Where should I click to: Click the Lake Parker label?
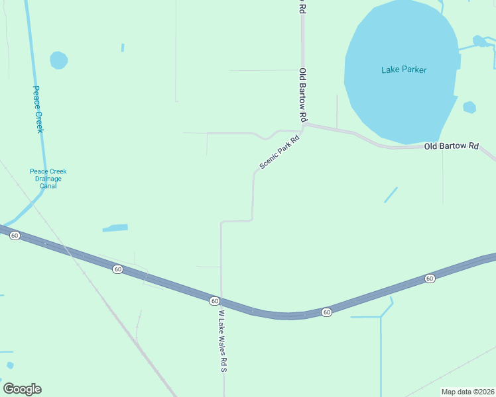[404, 69]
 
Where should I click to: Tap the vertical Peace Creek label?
[38, 109]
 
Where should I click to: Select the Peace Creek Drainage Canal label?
[48, 179]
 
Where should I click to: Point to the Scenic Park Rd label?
[280, 150]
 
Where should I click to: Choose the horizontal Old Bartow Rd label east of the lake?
[452, 146]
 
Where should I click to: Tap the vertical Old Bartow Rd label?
[303, 95]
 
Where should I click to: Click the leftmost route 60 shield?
[15, 236]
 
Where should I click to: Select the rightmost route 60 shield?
[430, 279]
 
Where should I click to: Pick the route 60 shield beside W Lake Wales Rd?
[214, 300]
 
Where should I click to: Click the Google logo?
[22, 389]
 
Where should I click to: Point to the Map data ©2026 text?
[467, 392]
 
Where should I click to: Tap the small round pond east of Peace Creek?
[59, 60]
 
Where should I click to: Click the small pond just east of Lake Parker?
[469, 107]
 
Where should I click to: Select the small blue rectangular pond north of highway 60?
[115, 228]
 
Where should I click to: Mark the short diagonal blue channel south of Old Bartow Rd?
[391, 195]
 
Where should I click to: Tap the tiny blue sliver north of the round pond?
[123, 48]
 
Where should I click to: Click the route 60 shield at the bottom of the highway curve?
[326, 312]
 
